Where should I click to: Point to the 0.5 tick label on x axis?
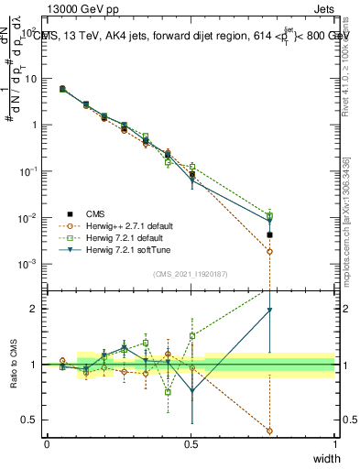tap(191, 444)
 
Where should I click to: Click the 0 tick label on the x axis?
tap(47, 444)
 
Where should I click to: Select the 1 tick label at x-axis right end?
tap(335, 444)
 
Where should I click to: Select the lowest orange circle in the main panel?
tap(269, 277)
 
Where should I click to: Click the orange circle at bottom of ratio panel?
tap(269, 431)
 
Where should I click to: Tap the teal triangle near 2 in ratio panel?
tap(269, 311)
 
